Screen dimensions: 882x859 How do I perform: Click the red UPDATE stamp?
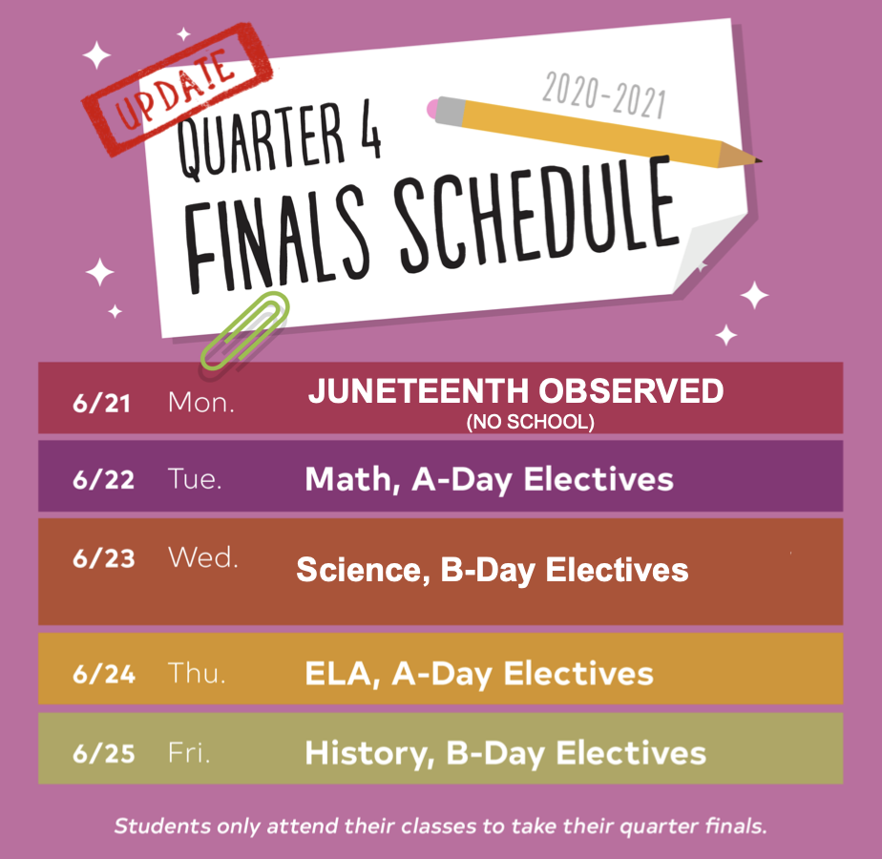[178, 89]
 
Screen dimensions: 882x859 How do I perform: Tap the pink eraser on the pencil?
[432, 109]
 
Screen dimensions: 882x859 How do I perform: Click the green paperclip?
[245, 331]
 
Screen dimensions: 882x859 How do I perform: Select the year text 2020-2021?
[604, 95]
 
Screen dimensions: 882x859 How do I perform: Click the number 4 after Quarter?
[369, 134]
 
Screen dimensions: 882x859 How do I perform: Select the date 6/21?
[102, 404]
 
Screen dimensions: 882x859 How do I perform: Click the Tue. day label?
[195, 479]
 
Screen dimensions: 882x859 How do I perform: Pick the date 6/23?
[104, 558]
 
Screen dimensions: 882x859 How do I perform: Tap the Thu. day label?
[197, 673]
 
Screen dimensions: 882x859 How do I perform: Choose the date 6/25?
[104, 753]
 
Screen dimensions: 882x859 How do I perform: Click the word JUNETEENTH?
[419, 390]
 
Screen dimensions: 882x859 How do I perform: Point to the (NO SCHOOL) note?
[530, 422]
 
